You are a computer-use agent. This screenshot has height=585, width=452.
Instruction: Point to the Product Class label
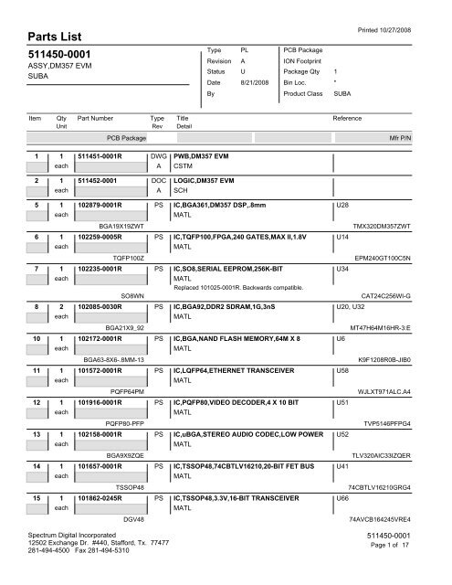point(309,94)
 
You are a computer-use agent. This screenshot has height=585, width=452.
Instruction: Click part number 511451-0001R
point(108,157)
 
